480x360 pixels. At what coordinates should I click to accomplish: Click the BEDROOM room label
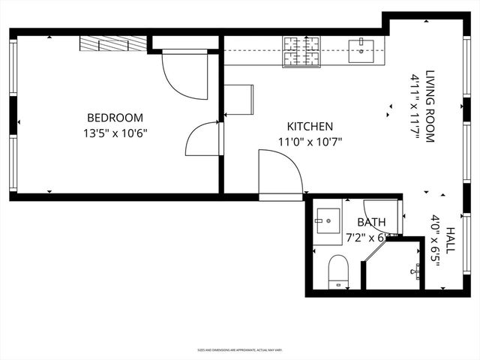[x=115, y=118]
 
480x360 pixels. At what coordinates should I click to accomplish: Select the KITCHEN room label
[x=310, y=127]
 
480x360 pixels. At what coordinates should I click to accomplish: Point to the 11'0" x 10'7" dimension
[x=310, y=142]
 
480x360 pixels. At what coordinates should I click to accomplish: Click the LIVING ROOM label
[x=430, y=106]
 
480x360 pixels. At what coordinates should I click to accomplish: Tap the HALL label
[x=450, y=239]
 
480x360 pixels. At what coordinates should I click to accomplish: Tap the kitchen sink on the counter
[x=365, y=49]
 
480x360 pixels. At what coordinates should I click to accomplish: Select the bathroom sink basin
[x=327, y=220]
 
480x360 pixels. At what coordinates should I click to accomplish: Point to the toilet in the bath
[x=339, y=270]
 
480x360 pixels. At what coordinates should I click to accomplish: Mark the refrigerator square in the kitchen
[x=238, y=100]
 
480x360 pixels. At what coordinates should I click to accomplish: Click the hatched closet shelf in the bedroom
[x=112, y=43]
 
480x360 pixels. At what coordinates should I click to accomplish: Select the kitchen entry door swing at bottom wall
[x=279, y=172]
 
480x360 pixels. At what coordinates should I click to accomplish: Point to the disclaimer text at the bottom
[x=239, y=349]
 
